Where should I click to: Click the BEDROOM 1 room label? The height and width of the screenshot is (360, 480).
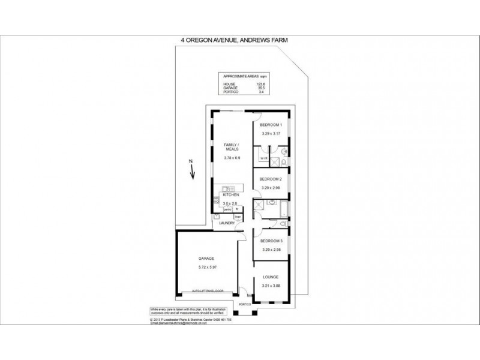pyautogui.click(x=271, y=125)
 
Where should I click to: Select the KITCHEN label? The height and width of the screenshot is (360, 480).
pyautogui.click(x=232, y=195)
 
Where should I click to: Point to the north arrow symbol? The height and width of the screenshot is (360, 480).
pyautogui.click(x=192, y=172)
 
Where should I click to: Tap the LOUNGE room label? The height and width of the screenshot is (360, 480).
pyautogui.click(x=271, y=277)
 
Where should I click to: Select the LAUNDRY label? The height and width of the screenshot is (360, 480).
pyautogui.click(x=227, y=223)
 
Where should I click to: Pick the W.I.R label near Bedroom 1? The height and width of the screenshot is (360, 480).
pyautogui.click(x=263, y=158)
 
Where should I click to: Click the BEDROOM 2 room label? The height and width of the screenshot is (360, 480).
pyautogui.click(x=271, y=179)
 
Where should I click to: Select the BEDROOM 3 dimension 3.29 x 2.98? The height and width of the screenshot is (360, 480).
pyautogui.click(x=271, y=249)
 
